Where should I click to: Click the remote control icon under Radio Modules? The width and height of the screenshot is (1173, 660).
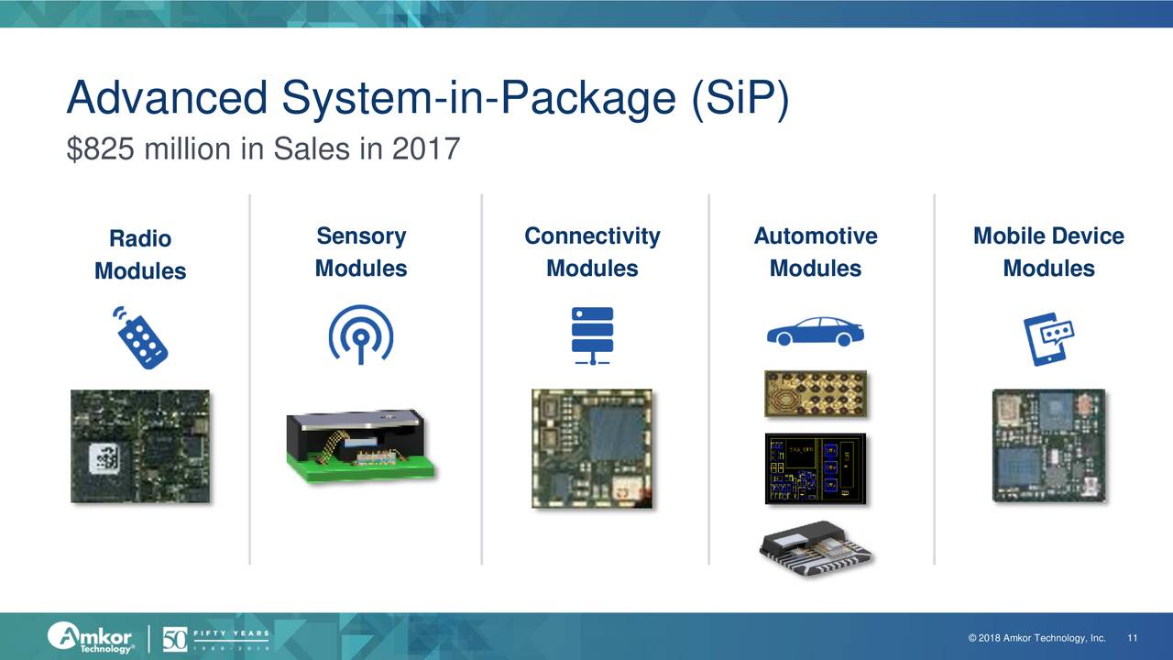coord(141,336)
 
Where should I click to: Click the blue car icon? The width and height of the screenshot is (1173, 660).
coord(815,332)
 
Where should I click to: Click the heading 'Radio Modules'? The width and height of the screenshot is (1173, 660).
coord(140,255)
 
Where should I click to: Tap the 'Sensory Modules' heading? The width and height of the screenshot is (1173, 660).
coord(361,252)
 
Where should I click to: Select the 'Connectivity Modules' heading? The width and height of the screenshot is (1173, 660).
coord(592,252)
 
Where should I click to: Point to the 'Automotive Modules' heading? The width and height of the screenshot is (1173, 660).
coord(815,252)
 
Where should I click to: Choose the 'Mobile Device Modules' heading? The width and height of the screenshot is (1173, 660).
coord(1048,252)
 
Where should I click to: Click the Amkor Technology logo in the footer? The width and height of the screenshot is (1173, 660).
coord(92,636)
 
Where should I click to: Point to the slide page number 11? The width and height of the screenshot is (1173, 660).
coord(1133,639)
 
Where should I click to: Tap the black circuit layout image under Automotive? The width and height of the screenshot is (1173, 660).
coord(815,468)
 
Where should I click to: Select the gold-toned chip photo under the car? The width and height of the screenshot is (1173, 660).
coord(815,393)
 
